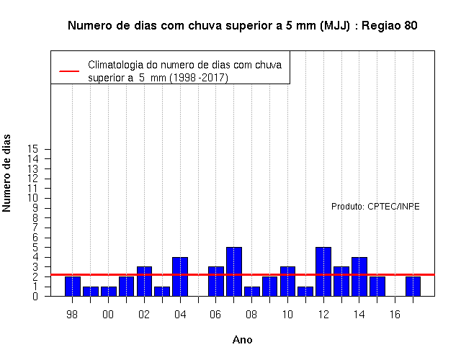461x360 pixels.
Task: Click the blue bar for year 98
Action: (73, 287)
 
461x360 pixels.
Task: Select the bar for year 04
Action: (180, 276)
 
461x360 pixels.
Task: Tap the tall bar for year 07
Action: (234, 271)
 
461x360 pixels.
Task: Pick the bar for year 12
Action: (323, 271)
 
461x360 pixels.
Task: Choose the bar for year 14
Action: (359, 276)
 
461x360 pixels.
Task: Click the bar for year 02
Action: (144, 282)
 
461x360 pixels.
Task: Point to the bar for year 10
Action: (287, 282)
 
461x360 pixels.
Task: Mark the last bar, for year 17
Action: (413, 287)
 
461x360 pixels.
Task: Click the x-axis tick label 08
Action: (251, 315)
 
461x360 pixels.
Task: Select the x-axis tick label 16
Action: (395, 315)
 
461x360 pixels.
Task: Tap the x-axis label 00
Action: (108, 315)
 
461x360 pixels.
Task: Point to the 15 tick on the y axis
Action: (33, 149)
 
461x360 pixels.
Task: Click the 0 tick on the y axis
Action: (35, 296)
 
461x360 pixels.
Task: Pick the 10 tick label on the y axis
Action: (33, 198)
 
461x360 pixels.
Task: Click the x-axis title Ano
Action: (242, 340)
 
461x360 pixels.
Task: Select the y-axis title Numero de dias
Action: (6, 173)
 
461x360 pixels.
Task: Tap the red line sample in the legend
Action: (69, 71)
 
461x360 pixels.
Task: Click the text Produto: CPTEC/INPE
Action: (375, 207)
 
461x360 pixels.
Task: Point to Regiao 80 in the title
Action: (389, 26)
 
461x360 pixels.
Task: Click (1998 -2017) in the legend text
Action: (199, 78)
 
